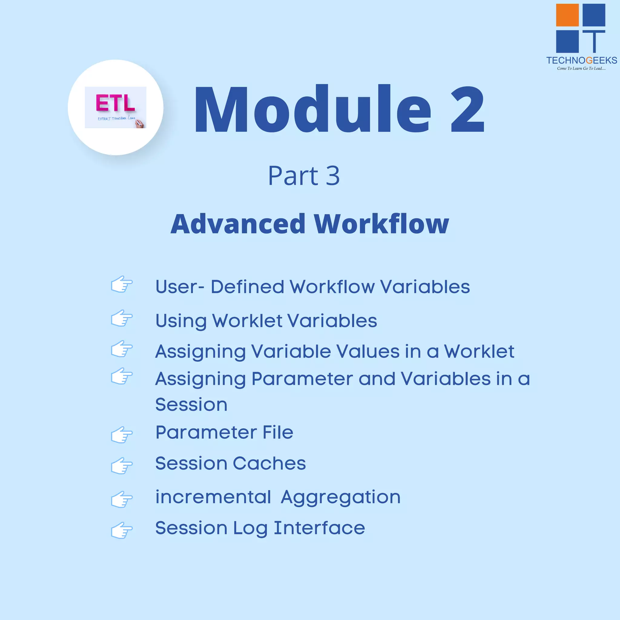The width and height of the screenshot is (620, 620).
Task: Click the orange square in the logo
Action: click(x=567, y=15)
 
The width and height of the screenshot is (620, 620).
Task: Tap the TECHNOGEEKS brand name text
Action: click(x=582, y=60)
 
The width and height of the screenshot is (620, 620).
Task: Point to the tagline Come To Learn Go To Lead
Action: click(x=581, y=68)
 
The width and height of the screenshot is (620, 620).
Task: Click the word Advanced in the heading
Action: click(x=238, y=224)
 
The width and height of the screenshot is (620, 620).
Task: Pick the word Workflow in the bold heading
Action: click(x=381, y=224)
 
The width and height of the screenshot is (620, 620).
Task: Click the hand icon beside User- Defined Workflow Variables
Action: click(x=122, y=284)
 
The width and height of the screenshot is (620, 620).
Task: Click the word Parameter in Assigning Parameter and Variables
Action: click(x=302, y=379)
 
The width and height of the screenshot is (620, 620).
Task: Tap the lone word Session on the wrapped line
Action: click(x=191, y=404)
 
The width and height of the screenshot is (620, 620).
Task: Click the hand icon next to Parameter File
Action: click(x=122, y=435)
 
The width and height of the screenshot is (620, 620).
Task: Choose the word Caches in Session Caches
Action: click(x=269, y=463)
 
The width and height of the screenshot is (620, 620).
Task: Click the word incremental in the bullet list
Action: click(x=213, y=497)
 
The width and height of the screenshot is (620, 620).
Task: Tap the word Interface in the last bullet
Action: click(x=319, y=528)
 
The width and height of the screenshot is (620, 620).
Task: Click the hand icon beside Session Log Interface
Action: click(x=122, y=530)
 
